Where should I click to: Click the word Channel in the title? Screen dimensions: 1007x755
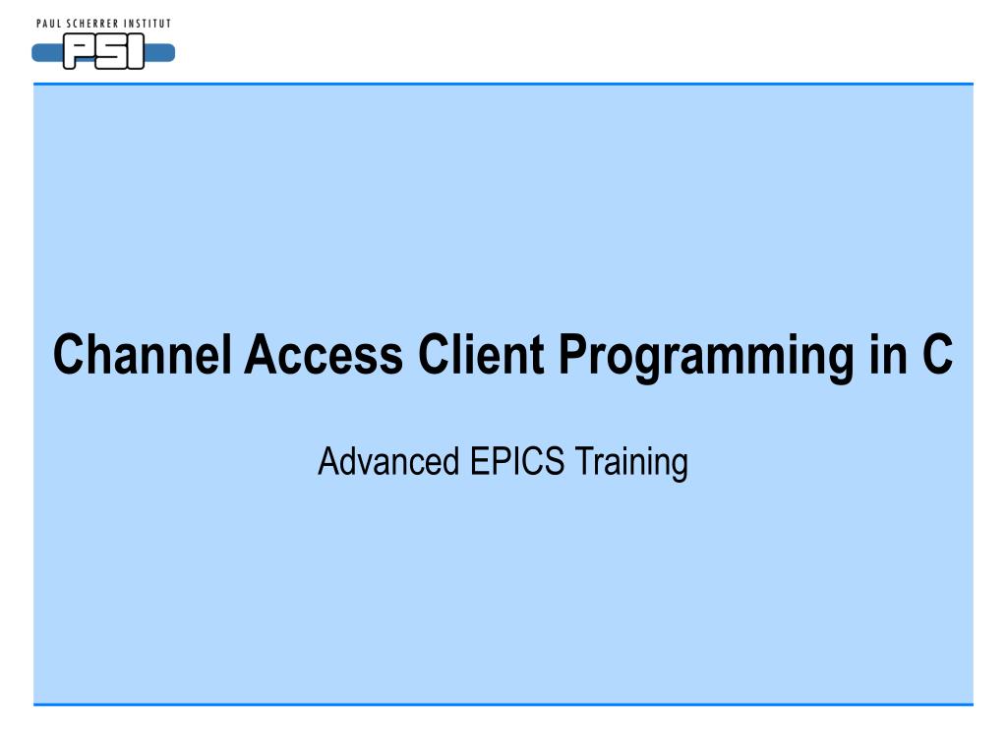click(x=142, y=354)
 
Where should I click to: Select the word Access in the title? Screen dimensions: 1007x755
click(x=324, y=354)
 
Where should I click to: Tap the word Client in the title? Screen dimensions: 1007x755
click(x=481, y=354)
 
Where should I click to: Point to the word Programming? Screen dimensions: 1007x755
click(x=706, y=358)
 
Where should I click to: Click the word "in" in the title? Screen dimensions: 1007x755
click(x=888, y=354)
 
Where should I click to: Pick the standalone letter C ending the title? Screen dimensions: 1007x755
click(x=937, y=354)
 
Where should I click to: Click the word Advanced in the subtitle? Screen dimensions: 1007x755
click(x=388, y=461)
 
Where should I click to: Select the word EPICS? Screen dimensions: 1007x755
click(x=517, y=461)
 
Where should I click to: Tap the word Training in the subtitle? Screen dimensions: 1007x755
click(x=631, y=464)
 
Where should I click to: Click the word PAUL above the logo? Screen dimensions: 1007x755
click(x=49, y=24)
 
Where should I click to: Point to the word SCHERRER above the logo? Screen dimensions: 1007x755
click(x=93, y=24)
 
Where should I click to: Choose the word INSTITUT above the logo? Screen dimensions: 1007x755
click(x=148, y=24)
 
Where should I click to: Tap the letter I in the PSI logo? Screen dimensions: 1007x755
click(x=136, y=51)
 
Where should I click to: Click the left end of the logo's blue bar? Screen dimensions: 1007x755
click(x=32, y=53)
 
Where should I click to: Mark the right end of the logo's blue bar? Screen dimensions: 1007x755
click(x=174, y=53)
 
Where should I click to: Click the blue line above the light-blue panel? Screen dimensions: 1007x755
click(x=503, y=84)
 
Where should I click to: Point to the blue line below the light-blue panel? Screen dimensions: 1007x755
click(x=503, y=704)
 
